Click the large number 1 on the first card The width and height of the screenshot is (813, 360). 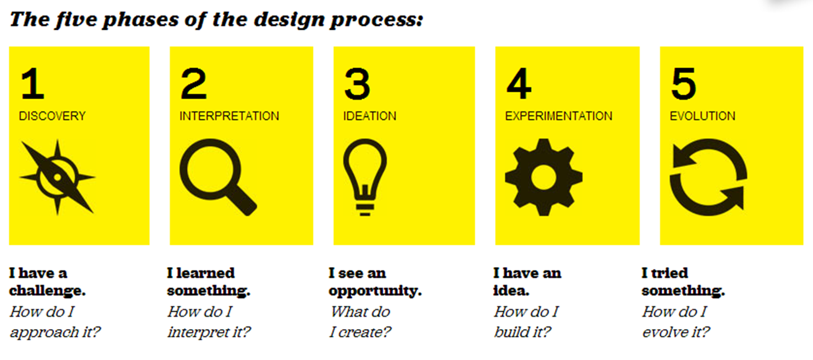33,84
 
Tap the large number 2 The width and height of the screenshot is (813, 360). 193,84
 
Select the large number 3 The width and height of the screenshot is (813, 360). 357,84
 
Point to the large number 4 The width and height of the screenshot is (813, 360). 519,84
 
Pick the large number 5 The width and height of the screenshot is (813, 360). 683,84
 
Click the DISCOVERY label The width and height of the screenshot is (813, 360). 52,116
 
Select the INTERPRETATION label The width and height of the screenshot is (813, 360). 229,116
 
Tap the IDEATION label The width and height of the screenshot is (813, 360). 370,116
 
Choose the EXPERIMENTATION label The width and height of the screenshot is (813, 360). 558,116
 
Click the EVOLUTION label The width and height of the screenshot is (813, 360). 703,116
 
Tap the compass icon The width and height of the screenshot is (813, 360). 58,177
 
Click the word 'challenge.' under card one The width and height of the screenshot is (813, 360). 47,291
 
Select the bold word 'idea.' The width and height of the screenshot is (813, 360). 511,291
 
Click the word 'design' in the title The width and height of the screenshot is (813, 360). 289,20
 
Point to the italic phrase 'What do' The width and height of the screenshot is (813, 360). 361,312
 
